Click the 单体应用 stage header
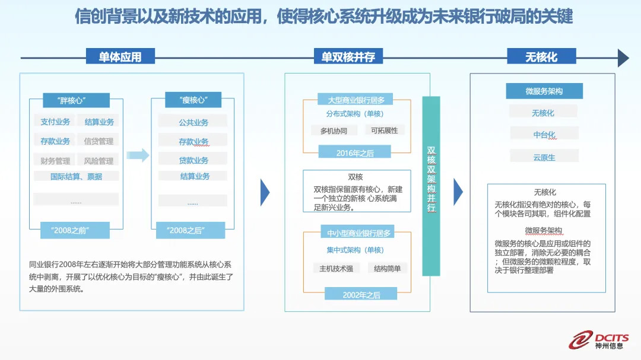coord(120,57)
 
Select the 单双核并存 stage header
coord(348,57)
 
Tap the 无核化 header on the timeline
coord(541,57)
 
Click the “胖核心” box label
coord(76,100)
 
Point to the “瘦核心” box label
coord(193,100)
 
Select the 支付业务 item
coord(55,122)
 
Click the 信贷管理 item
coord(99,141)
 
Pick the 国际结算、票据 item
coord(76,176)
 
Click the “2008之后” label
coord(185,230)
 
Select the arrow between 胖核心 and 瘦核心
coord(138,155)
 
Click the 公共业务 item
coord(193,122)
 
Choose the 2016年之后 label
coord(355,153)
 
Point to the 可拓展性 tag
coord(384,130)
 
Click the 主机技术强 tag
coord(336,268)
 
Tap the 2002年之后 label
coord(361,294)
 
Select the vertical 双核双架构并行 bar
coord(431,186)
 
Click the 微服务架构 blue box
coord(544,91)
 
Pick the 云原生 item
coord(544,157)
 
